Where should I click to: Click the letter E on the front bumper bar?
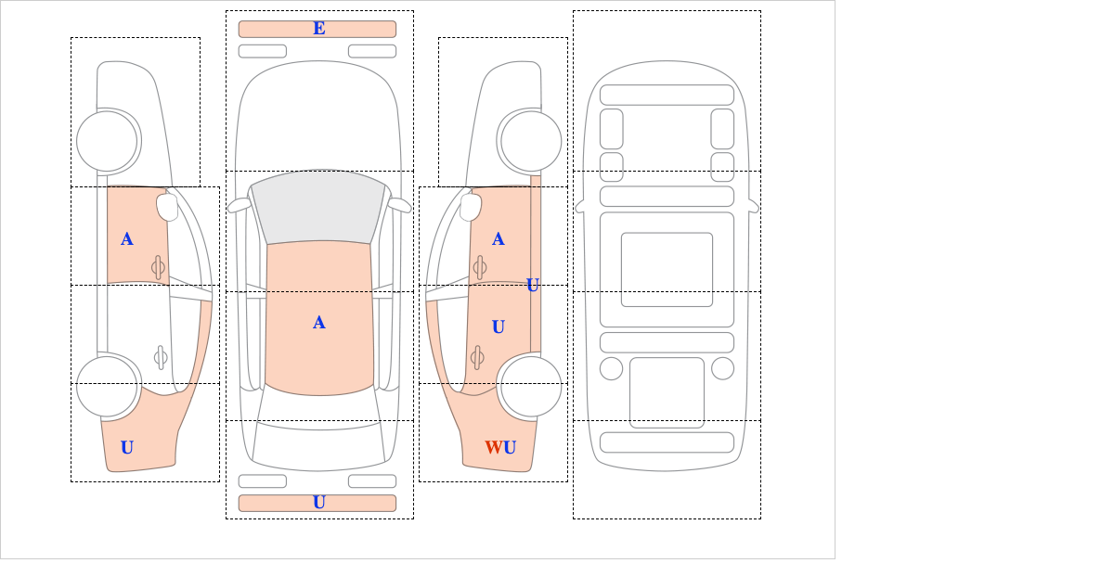319,29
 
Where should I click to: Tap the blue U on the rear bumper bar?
319,503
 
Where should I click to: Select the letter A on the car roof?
319,323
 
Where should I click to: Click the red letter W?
493,447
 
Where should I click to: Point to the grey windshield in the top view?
318,207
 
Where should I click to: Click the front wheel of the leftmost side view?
107,141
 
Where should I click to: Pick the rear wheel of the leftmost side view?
107,386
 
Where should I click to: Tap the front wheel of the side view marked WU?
531,141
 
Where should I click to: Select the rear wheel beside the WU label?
531,386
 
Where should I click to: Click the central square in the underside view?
667,269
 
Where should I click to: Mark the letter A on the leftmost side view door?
127,239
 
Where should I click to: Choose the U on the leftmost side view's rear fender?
127,447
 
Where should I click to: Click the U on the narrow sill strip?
533,286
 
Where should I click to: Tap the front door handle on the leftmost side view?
158,267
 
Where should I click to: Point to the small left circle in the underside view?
611,369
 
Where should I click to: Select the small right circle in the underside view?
722,369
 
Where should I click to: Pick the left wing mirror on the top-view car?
239,205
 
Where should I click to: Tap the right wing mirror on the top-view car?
399,205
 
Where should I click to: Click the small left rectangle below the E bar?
263,51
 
